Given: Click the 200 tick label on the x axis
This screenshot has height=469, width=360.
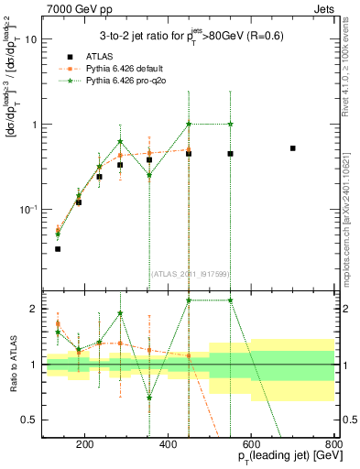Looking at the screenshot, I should [84, 446].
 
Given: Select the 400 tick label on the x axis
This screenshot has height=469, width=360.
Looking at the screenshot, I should [168, 446].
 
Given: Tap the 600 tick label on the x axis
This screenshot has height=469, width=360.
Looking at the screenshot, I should [251, 446].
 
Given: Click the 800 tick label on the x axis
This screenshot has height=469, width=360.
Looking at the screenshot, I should [333, 446].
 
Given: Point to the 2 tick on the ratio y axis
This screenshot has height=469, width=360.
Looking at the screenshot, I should [36, 309].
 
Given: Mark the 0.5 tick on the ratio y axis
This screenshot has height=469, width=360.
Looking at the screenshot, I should [32, 420].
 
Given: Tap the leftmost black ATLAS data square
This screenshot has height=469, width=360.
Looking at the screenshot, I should [57, 248].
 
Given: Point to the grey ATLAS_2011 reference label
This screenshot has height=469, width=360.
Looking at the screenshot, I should [188, 274].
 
